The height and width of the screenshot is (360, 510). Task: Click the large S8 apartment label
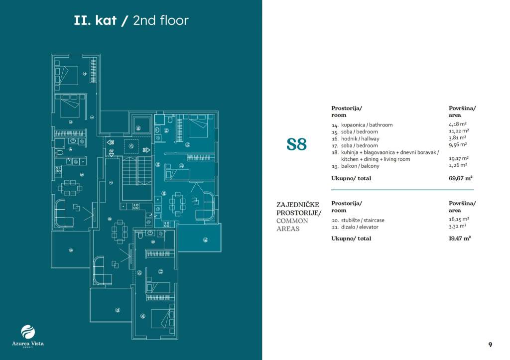click(296, 144)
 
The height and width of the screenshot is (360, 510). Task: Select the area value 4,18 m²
click(457, 124)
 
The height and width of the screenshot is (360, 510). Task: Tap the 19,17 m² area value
click(458, 159)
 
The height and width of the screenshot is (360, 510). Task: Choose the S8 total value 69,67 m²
click(460, 178)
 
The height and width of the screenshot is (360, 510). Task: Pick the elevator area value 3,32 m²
click(457, 227)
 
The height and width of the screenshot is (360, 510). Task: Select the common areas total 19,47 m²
click(460, 239)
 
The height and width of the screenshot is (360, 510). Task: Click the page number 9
click(490, 344)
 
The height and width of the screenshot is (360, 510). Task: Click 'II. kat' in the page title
click(95, 20)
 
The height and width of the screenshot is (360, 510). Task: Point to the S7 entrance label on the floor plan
click(112, 150)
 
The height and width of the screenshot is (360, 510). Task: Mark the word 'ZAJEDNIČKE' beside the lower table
click(297, 204)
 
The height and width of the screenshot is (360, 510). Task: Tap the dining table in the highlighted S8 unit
click(177, 204)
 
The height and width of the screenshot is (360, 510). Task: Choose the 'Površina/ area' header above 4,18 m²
click(462, 111)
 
